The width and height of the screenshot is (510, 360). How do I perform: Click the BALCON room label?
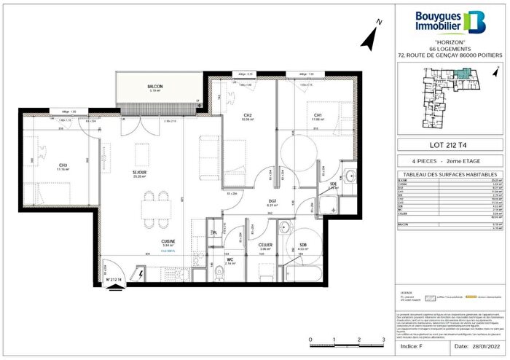coord(155,87)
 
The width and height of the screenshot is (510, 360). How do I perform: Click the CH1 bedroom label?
coord(318,114)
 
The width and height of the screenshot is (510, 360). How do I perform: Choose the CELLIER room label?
coord(264,246)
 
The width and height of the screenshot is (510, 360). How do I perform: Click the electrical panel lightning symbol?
coord(139,275)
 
